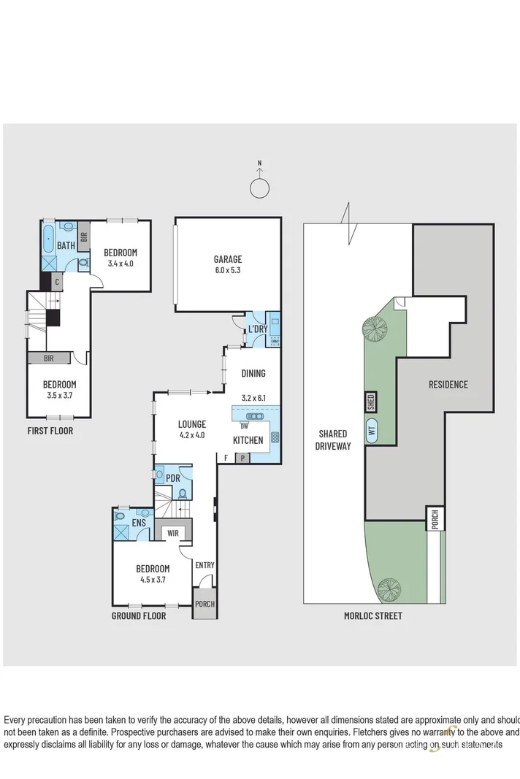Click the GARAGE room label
click(x=227, y=259)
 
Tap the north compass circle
click(x=259, y=188)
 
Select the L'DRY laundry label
click(x=257, y=329)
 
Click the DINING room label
click(x=253, y=373)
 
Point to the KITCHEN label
click(x=248, y=440)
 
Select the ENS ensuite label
click(x=139, y=523)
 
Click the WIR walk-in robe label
click(x=174, y=534)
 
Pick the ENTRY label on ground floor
click(x=204, y=564)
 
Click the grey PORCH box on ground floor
click(x=204, y=604)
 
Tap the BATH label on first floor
click(x=66, y=246)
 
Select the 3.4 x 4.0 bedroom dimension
click(x=121, y=264)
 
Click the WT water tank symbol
click(x=372, y=430)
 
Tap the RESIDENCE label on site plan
click(x=448, y=384)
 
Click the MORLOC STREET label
click(x=372, y=615)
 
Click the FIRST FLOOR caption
click(x=50, y=431)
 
